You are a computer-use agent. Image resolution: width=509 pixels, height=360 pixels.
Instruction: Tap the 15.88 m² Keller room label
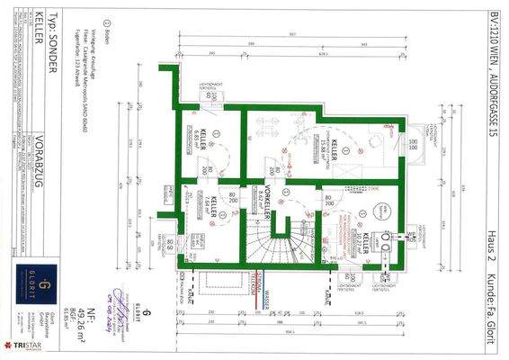326,147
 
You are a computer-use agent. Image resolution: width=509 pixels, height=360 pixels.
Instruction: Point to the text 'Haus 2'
493,244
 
